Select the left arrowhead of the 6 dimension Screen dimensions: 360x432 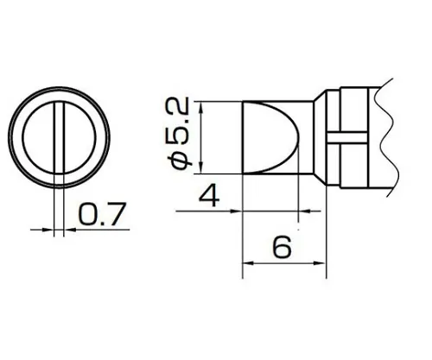coord(248,263)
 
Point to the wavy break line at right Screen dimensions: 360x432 coord(388,138)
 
